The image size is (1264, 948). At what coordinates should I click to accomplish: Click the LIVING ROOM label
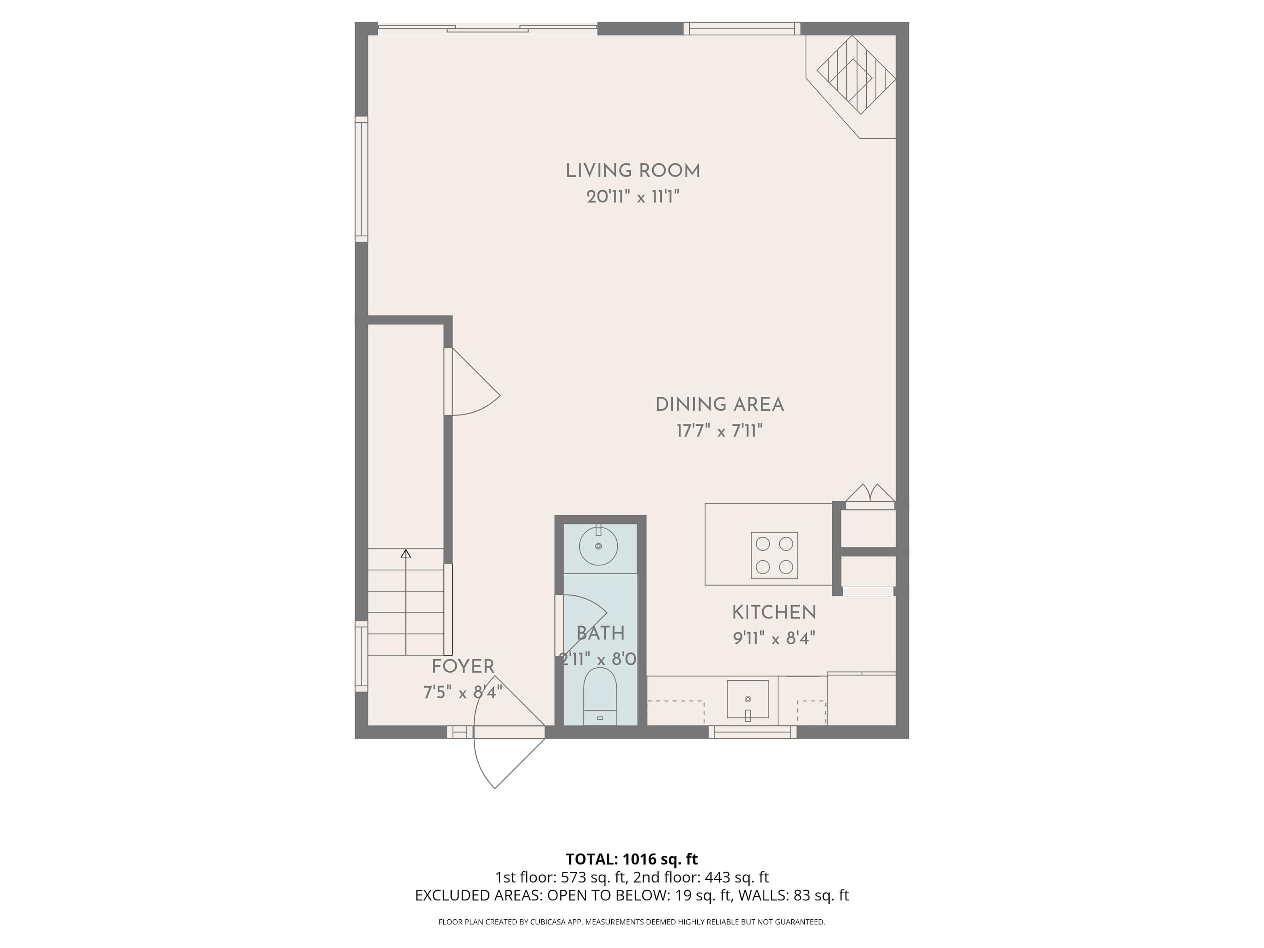pyautogui.click(x=632, y=171)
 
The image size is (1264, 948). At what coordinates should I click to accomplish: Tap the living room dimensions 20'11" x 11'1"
pyautogui.click(x=632, y=197)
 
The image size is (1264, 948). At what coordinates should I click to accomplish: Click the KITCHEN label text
pyautogui.click(x=774, y=613)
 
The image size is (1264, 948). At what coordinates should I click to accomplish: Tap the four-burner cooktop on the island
pyautogui.click(x=774, y=555)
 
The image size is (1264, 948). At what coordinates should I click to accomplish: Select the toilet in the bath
pyautogui.click(x=600, y=698)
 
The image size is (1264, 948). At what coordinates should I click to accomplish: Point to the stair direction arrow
pyautogui.click(x=406, y=600)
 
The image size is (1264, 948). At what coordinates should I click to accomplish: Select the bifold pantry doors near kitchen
pyautogui.click(x=870, y=494)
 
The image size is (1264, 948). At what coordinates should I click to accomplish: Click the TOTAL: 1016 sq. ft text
pyautogui.click(x=632, y=859)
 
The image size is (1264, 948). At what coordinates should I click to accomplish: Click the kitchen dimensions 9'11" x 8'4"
pyautogui.click(x=774, y=638)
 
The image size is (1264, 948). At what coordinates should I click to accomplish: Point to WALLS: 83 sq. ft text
pyautogui.click(x=793, y=895)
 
